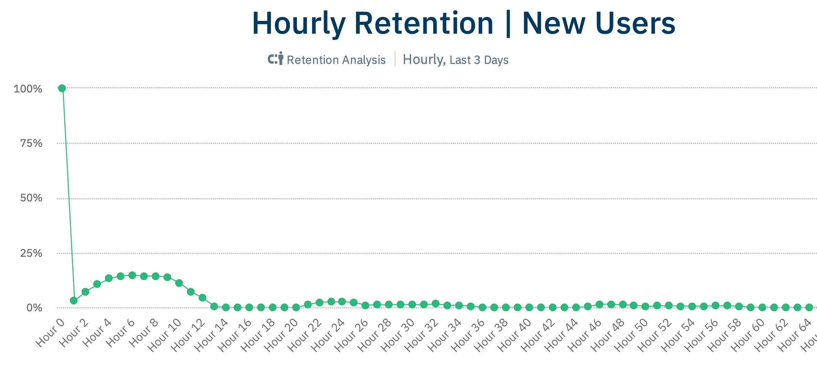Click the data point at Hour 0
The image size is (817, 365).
(x=62, y=88)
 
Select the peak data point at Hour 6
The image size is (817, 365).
(x=132, y=275)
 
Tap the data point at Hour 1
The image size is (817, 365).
(x=74, y=301)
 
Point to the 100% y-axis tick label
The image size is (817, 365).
(x=28, y=89)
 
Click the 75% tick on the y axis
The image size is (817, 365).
(x=31, y=143)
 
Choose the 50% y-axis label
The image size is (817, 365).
(x=31, y=198)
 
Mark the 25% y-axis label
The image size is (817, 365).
(x=31, y=253)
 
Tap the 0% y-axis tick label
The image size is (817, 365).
(x=34, y=308)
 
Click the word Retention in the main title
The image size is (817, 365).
(x=424, y=24)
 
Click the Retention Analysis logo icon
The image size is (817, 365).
(x=276, y=58)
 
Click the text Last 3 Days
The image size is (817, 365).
(x=479, y=60)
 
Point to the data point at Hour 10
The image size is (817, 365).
(x=179, y=283)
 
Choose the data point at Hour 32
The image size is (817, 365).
(x=436, y=304)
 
